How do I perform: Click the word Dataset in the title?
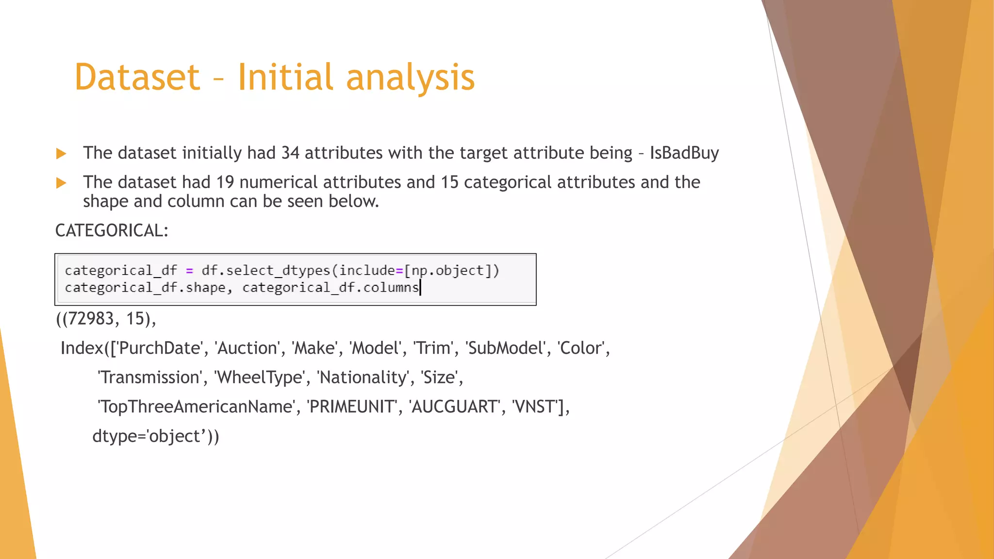point(137,78)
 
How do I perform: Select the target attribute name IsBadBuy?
point(684,153)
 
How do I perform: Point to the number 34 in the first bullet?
point(290,153)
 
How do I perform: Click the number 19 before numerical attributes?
point(225,182)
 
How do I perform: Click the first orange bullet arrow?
point(61,154)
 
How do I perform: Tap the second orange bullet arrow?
point(61,183)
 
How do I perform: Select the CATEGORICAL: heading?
point(112,230)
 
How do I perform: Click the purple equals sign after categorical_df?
point(189,271)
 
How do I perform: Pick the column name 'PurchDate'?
point(160,348)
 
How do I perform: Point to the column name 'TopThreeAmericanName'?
point(196,407)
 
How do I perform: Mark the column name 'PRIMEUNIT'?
point(352,407)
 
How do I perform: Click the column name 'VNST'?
point(534,407)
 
